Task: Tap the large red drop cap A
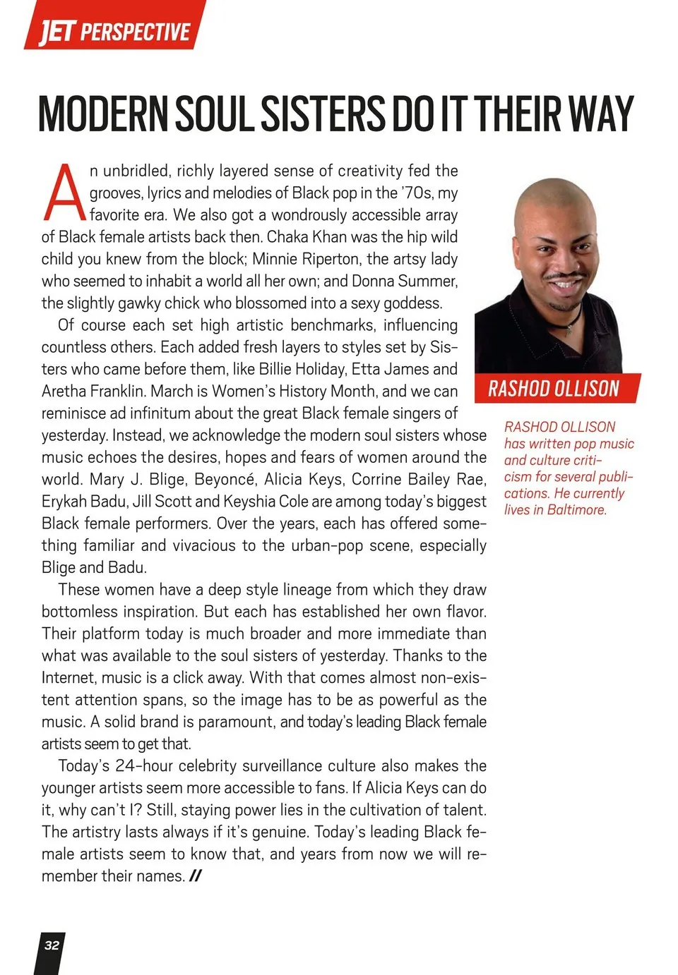click(x=64, y=193)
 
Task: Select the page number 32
click(x=52, y=945)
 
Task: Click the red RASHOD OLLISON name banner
click(x=554, y=389)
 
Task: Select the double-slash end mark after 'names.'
click(x=196, y=876)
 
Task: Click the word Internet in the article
click(x=68, y=678)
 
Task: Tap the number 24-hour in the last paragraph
click(x=143, y=766)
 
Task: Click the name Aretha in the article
click(x=65, y=392)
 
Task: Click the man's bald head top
click(x=551, y=194)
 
